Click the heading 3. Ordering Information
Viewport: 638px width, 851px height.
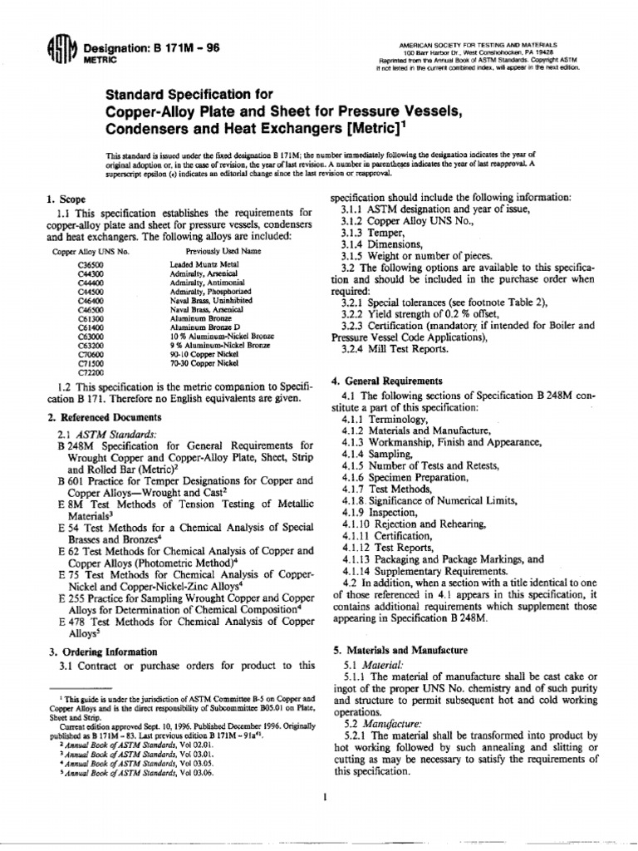coord(103,652)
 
